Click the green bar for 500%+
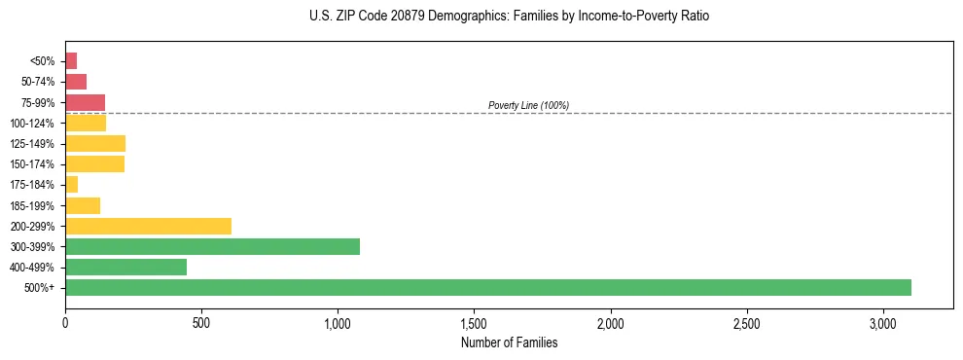[487, 287]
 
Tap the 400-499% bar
[125, 267]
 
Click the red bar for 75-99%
[85, 102]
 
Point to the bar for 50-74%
[76, 82]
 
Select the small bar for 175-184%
[71, 185]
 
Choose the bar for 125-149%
[95, 144]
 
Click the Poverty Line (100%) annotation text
[528, 105]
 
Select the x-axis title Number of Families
[509, 342]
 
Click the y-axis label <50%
[44, 61]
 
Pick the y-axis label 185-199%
[32, 205]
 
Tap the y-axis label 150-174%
[32, 164]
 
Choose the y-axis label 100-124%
[32, 124]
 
